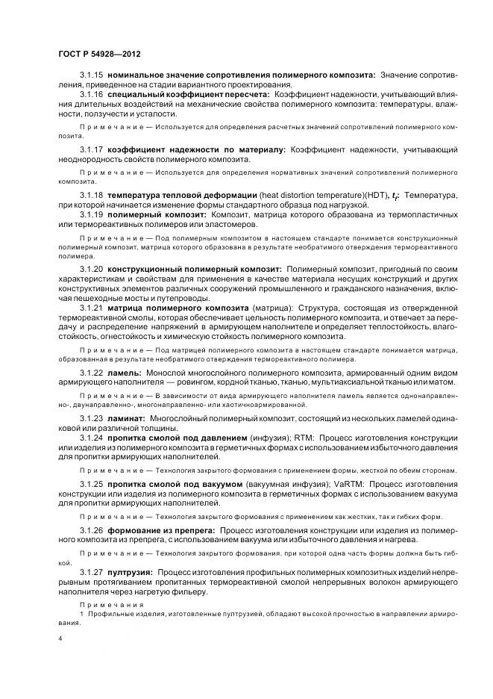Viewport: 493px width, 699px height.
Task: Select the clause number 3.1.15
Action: [x=92, y=76]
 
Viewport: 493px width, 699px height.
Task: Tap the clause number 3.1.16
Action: [x=92, y=96]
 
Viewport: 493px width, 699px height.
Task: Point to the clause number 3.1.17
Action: [x=92, y=149]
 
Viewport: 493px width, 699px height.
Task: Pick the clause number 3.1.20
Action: [x=92, y=267]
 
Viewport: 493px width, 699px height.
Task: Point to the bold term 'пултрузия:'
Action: [x=131, y=571]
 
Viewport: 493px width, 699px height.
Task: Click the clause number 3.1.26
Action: [x=92, y=530]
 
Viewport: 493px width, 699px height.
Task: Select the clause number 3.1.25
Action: [x=92, y=485]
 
